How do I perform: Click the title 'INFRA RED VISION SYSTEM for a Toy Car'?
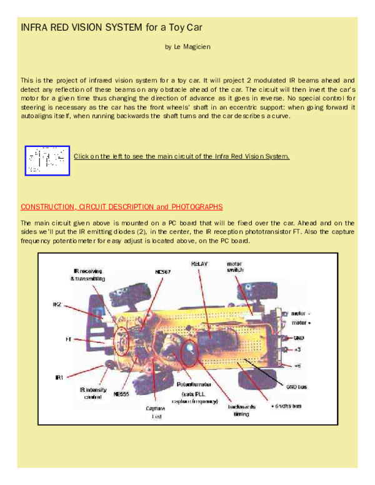[112, 28]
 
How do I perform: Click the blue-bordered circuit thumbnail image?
[47, 161]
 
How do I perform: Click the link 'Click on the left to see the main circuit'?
[181, 156]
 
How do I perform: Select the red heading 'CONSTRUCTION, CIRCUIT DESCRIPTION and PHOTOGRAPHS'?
[121, 206]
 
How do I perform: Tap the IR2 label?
[57, 304]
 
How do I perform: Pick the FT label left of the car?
[61, 341]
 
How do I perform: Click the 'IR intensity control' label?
[92, 392]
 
